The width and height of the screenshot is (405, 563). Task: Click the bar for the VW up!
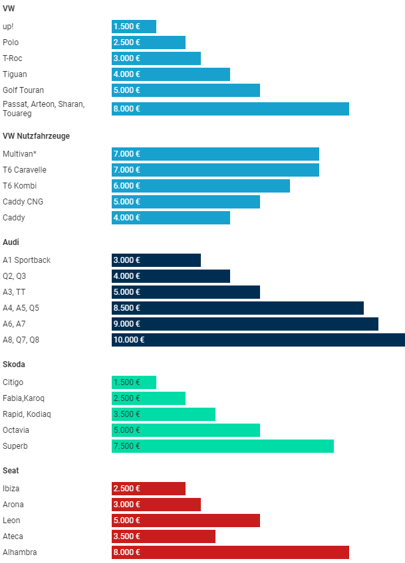click(134, 27)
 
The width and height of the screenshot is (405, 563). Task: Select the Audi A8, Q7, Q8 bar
click(258, 340)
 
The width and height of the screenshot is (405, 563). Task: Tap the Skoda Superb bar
click(223, 446)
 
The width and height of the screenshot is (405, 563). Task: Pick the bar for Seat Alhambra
click(230, 552)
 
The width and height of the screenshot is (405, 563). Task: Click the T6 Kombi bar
click(201, 186)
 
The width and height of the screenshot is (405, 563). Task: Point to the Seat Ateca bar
click(164, 536)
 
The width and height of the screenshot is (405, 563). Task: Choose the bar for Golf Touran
click(186, 90)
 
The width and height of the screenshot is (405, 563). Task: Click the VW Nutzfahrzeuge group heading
click(36, 136)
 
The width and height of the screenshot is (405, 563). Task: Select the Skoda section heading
click(15, 364)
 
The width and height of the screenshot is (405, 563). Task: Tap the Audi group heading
click(11, 242)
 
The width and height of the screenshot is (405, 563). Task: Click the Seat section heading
click(11, 471)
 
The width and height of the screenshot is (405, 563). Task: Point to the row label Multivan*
click(20, 154)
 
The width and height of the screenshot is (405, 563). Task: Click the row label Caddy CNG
click(23, 202)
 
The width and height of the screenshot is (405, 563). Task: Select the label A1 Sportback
click(27, 260)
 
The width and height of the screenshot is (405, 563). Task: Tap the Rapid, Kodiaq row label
click(27, 414)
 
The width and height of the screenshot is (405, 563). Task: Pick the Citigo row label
click(13, 382)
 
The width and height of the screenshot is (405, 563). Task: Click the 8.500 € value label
click(127, 308)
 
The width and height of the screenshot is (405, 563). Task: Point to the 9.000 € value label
click(127, 324)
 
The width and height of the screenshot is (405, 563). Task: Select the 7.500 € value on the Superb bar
click(127, 446)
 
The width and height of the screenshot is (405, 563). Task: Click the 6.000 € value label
click(127, 186)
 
